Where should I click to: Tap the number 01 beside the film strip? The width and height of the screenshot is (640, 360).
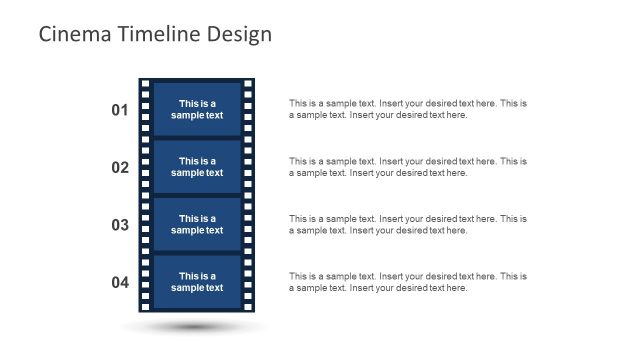coord(120,110)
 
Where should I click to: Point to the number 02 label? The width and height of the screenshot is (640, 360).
coord(120,168)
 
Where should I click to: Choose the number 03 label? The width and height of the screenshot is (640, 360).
coord(120,225)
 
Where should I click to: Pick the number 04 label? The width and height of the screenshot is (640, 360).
coord(120,283)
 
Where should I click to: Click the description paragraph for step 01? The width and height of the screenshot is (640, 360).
coord(407,109)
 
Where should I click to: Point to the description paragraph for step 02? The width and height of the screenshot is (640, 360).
coord(407,167)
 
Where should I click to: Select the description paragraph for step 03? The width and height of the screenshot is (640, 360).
coord(407,224)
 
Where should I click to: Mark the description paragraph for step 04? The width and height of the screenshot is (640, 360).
coord(407,282)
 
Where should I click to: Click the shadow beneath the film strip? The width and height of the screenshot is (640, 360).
coord(196,326)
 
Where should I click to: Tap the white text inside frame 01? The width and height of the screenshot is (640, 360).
coord(197,109)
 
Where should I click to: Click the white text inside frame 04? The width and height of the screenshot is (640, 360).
coord(197,282)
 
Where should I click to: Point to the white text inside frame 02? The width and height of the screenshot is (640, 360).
coord(197,167)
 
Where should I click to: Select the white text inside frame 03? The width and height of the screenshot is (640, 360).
coord(197,225)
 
